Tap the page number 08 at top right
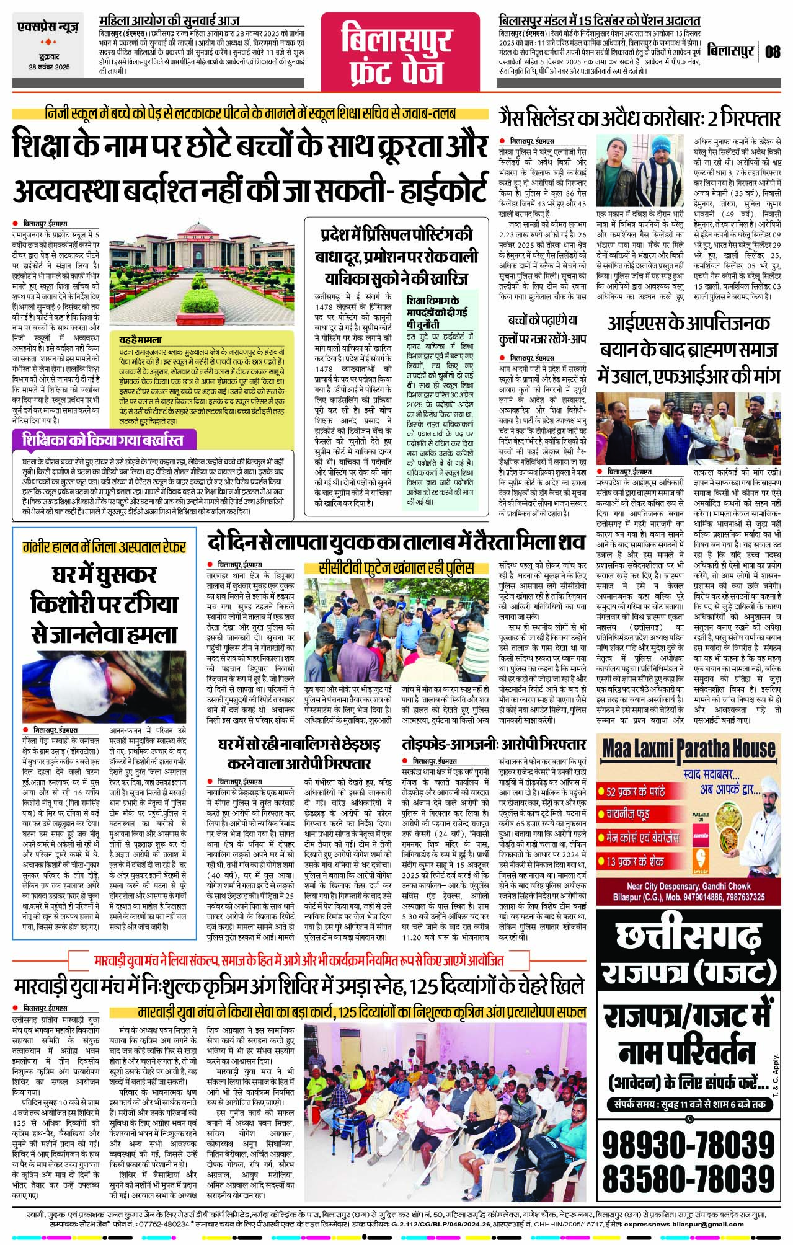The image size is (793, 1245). pos(772,51)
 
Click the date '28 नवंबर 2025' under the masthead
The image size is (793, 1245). pos(49,68)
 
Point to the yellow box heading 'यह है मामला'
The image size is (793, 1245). pos(141,340)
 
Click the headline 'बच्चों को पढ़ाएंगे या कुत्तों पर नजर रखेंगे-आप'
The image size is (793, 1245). pos(543,329)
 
